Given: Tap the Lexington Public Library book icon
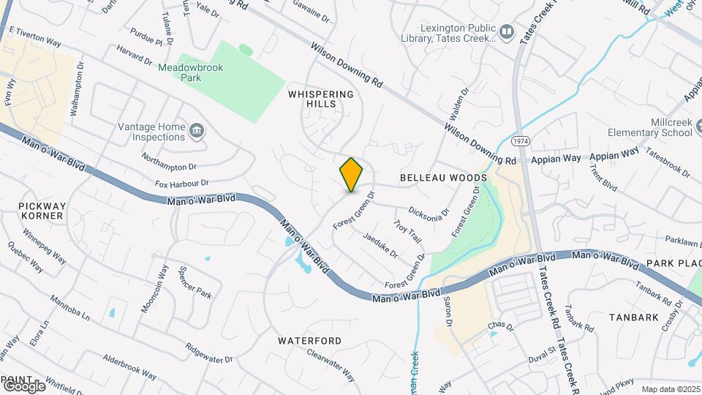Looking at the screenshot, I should coord(507,32).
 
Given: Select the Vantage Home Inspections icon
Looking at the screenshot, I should coord(197,132).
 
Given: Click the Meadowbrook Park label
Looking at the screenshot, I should coord(191,72).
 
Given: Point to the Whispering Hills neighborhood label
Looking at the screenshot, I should coord(321,99).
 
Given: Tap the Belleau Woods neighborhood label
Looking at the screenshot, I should coord(443,178).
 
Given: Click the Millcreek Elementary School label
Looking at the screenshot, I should coord(650,127).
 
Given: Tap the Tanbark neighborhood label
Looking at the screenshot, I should coord(633,317).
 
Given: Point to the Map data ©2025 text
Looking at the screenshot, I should coord(670,389).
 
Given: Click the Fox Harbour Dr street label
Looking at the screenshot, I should coord(182,183).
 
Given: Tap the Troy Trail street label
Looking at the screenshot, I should coord(407,230).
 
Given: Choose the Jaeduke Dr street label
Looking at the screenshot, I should coord(380,245).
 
